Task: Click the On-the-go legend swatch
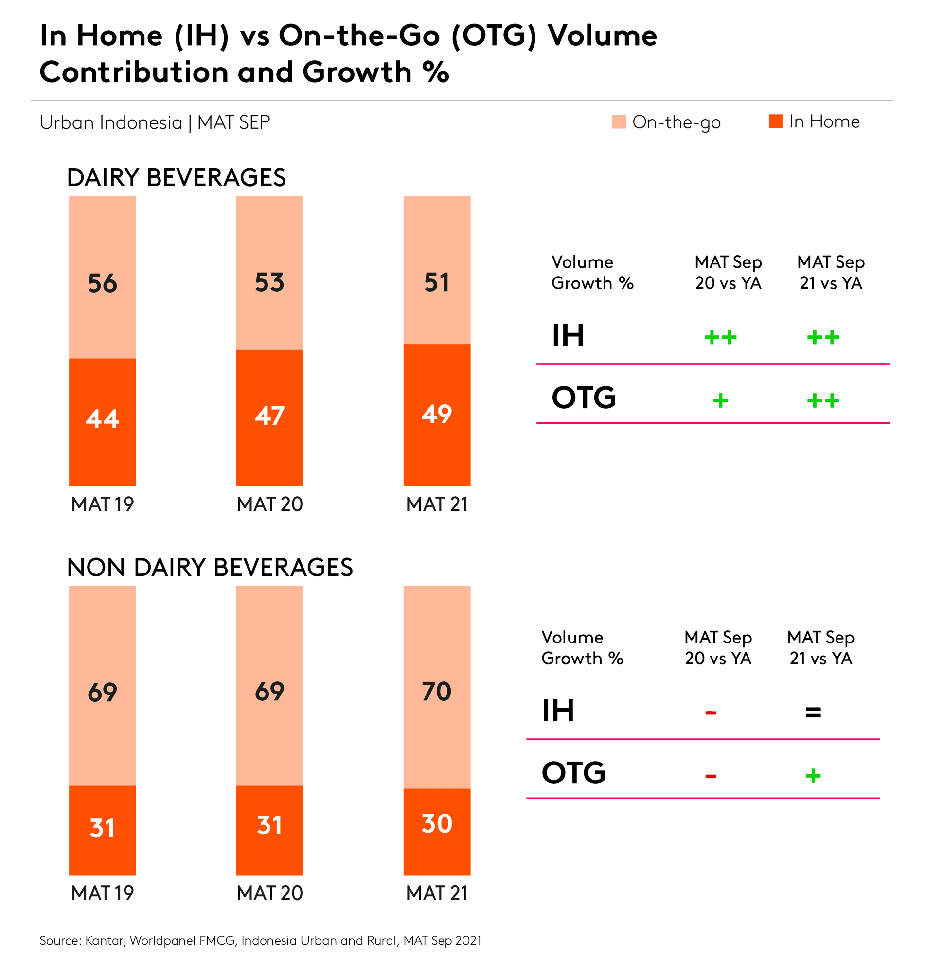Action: coord(619,122)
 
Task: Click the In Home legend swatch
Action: coord(775,121)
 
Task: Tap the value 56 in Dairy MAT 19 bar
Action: coord(102,283)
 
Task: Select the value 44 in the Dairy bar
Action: coord(102,418)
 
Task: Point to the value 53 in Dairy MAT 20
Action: coord(269,282)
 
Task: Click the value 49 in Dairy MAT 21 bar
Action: coord(437,414)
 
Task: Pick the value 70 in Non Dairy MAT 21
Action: coord(437,692)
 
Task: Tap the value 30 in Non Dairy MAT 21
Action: coord(437,824)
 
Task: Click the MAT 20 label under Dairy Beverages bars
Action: coord(269,504)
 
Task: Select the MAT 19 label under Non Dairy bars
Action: coord(102,893)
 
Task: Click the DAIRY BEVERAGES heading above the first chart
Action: coord(176,177)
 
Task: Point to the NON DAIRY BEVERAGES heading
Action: coord(210,567)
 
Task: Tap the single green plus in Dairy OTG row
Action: coord(720,400)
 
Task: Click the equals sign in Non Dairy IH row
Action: coord(813,712)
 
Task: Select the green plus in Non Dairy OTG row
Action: coord(813,776)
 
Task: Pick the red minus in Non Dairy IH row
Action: coord(710,712)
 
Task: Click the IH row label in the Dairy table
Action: coord(568,336)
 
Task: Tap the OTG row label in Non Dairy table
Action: coord(573,773)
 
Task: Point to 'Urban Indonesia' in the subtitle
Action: coord(110,123)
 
